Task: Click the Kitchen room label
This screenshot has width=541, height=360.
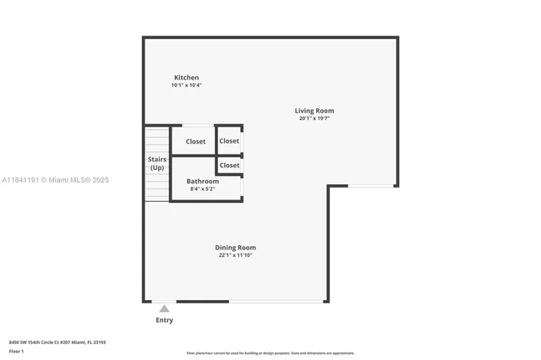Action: (186, 78)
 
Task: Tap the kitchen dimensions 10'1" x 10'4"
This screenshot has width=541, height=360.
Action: (186, 85)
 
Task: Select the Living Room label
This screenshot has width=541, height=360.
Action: (314, 111)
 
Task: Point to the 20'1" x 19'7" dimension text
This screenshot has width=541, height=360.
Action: (314, 118)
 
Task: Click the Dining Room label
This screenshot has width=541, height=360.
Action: (235, 247)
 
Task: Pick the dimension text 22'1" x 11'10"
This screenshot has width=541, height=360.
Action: (235, 254)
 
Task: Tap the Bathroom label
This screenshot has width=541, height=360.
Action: (203, 181)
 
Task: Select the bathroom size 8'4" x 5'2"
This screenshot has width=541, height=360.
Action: (203, 188)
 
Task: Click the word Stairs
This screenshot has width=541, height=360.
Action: (157, 159)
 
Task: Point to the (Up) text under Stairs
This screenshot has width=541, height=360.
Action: (157, 167)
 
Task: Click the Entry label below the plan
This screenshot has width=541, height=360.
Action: (164, 320)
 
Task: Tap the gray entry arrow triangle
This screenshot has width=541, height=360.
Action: (164, 308)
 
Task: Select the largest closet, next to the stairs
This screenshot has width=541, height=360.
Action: (195, 141)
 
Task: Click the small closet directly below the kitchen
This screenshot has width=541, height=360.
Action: (229, 141)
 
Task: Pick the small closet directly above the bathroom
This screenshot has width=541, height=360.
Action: (229, 165)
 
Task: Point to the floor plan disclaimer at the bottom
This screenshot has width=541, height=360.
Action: (270, 353)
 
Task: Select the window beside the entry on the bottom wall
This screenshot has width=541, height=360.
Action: (278, 301)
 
